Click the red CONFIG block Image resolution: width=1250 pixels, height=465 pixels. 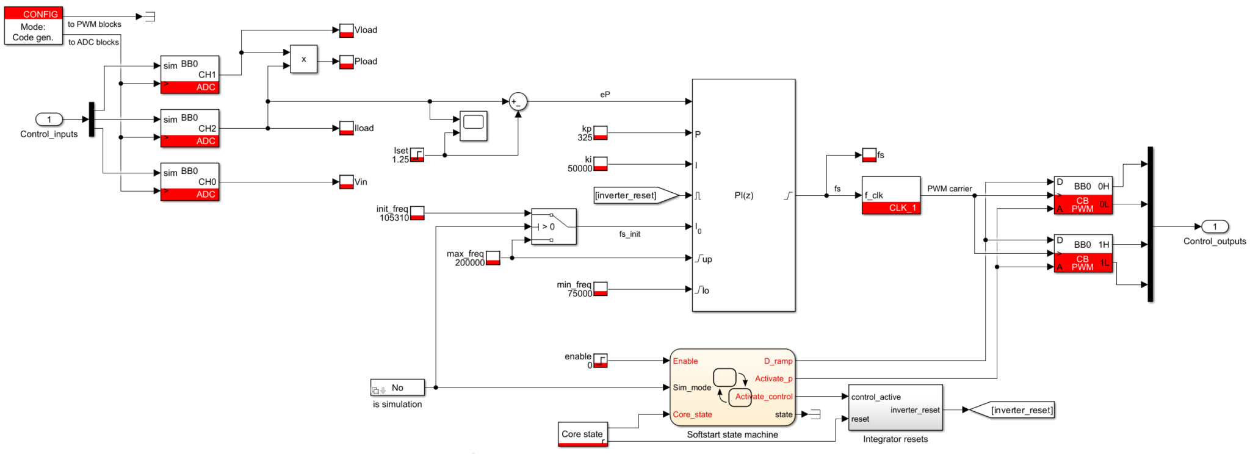34,26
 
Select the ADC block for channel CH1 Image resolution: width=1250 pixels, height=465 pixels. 189,75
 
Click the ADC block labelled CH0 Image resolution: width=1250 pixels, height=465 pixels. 189,182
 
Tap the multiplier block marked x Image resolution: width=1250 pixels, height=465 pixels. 303,59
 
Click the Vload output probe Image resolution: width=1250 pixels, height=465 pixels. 346,31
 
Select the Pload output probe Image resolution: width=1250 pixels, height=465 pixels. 346,62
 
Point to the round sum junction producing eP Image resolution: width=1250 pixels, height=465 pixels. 518,102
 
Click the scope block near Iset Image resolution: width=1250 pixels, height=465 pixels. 473,126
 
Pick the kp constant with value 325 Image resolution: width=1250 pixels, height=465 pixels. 600,133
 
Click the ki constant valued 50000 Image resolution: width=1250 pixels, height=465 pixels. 600,164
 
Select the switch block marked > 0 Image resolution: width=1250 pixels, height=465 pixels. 553,226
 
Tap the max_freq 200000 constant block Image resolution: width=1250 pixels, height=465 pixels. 493,258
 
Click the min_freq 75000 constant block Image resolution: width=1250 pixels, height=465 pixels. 600,289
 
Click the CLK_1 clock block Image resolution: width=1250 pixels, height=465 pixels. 891,195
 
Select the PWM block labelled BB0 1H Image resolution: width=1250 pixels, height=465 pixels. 1083,253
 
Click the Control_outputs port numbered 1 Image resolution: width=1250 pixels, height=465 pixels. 1214,226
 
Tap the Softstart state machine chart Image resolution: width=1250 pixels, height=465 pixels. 732,387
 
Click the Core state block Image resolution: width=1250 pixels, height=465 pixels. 582,434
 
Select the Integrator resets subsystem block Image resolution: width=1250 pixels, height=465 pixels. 895,407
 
